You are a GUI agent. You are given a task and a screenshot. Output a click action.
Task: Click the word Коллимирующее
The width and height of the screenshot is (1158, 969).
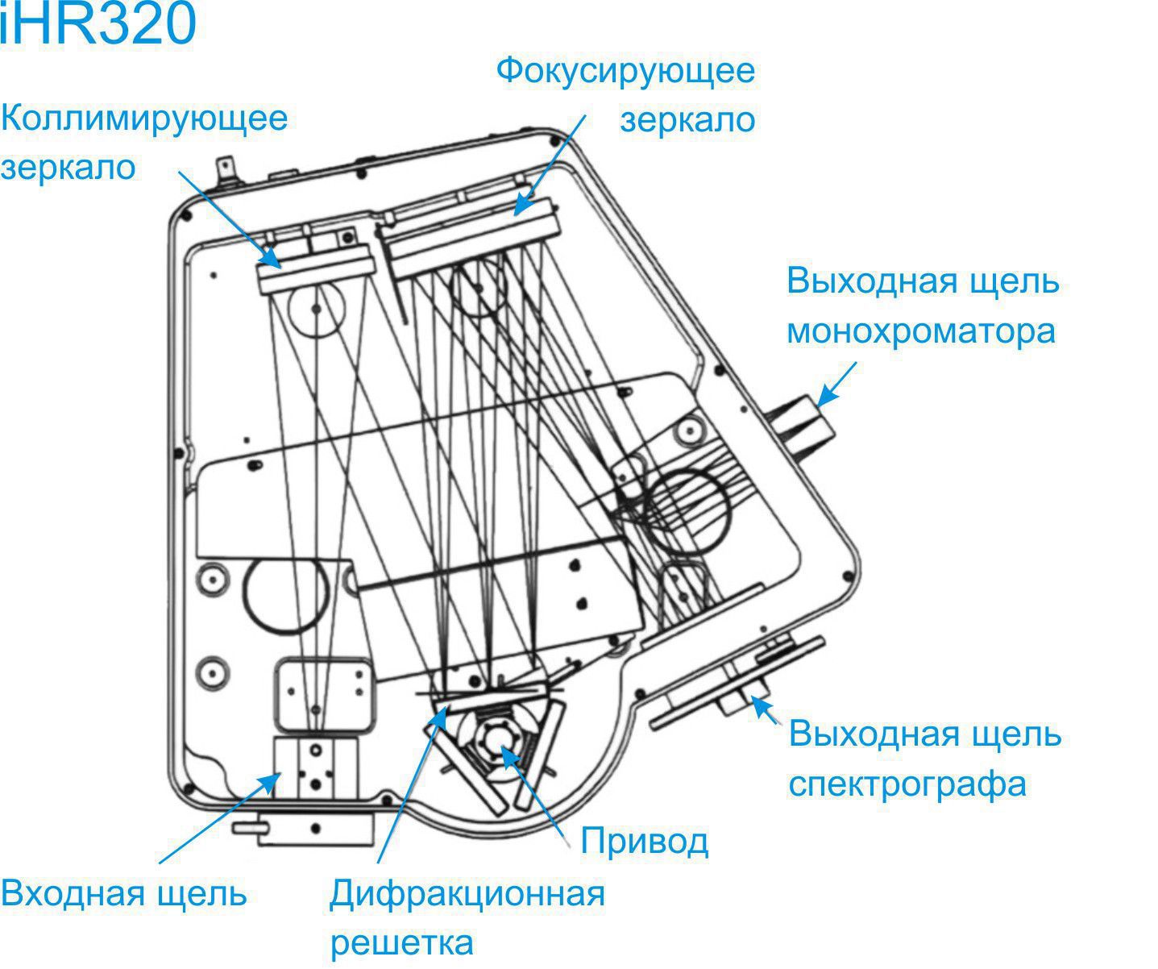(144, 119)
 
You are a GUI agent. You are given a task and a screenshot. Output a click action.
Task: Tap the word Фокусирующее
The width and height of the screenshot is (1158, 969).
(625, 72)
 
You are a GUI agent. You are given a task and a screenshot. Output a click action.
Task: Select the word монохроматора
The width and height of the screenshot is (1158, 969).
(921, 332)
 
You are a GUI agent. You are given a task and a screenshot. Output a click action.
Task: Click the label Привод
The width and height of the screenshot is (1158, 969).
(645, 842)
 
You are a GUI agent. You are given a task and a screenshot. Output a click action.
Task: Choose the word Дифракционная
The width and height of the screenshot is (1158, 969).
(467, 894)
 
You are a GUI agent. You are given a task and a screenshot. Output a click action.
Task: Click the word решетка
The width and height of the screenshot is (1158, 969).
(402, 943)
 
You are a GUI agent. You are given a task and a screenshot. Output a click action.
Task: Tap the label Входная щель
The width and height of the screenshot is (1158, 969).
(123, 893)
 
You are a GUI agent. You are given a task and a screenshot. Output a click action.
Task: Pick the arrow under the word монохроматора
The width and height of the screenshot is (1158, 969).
(836, 384)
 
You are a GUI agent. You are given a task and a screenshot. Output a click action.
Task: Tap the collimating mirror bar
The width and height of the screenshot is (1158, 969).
(315, 268)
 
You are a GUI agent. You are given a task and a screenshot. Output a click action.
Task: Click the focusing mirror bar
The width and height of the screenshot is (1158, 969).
(472, 238)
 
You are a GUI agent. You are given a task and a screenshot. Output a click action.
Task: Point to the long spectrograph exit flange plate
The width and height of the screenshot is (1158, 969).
(737, 684)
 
